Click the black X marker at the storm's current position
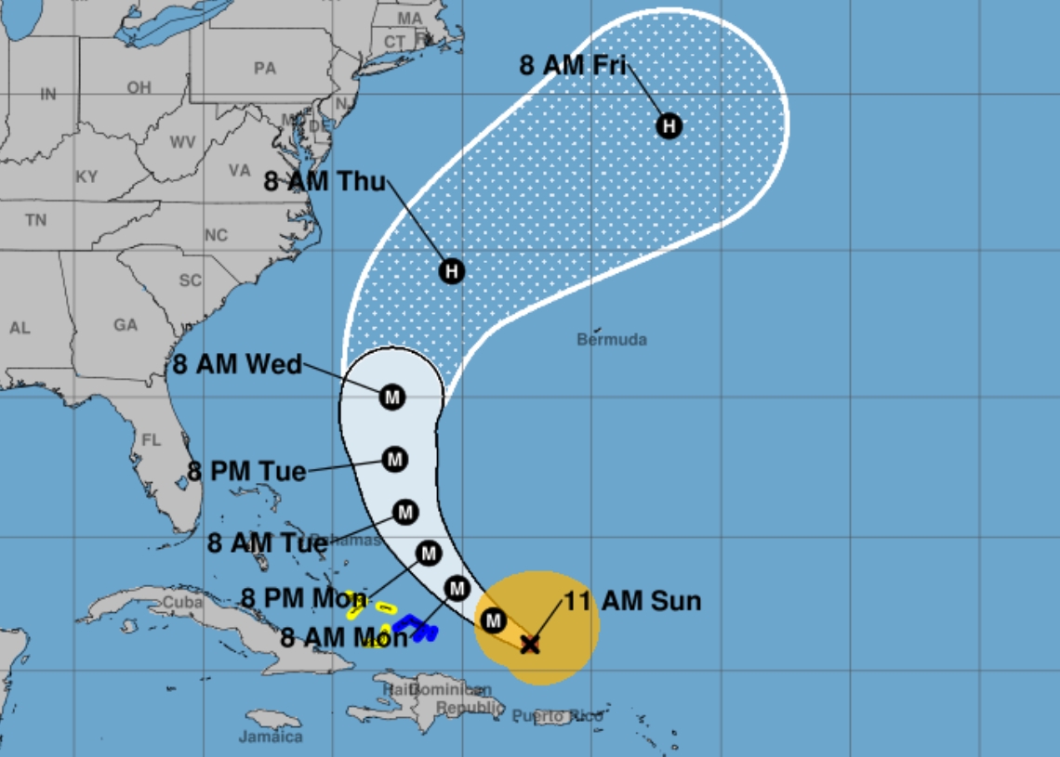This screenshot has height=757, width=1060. click(x=530, y=644)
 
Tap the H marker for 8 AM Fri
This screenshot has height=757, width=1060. click(x=669, y=126)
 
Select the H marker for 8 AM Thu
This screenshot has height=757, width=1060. click(x=451, y=271)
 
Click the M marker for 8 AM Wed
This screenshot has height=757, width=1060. click(x=392, y=398)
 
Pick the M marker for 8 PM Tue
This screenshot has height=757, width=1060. click(x=395, y=459)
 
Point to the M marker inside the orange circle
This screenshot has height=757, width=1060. click(x=494, y=620)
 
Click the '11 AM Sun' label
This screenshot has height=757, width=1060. click(x=632, y=601)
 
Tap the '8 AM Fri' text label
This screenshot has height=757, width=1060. click(x=573, y=65)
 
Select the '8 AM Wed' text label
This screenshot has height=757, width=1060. click(x=237, y=364)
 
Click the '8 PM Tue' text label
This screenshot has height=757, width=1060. click(x=246, y=472)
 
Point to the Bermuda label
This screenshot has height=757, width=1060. click(x=612, y=340)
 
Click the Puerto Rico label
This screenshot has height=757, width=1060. click(x=557, y=716)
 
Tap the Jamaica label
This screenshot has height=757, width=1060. click(x=271, y=737)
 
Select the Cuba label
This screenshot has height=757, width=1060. click(x=182, y=602)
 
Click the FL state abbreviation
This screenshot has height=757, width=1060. click(x=151, y=439)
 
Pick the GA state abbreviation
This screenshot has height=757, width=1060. click(x=126, y=325)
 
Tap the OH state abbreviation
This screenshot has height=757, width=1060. click(x=139, y=87)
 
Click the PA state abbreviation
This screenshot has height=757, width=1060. click(x=265, y=68)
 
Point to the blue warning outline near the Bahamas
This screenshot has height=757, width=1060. click(x=417, y=628)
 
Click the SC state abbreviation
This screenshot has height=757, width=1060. click(x=190, y=281)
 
